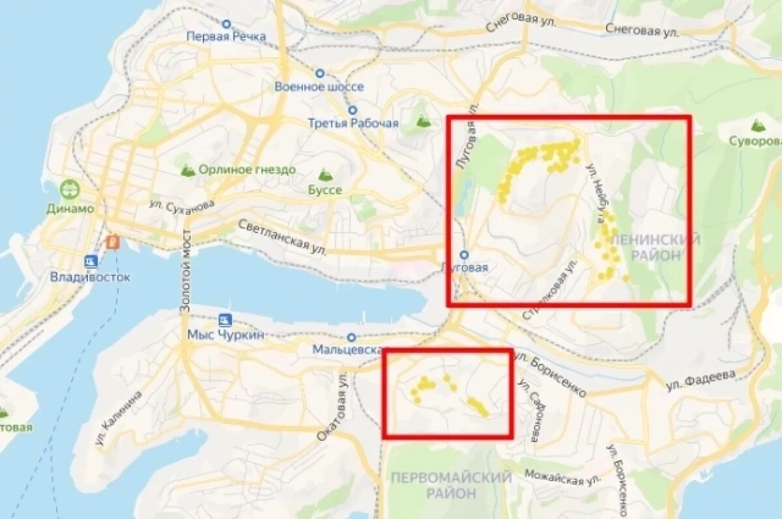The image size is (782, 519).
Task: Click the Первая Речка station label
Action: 226,36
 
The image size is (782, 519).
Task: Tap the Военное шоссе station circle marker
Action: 320,74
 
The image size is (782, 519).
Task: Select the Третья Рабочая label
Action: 353,123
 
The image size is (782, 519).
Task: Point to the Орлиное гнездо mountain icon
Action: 188,170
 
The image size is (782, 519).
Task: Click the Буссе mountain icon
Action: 325,175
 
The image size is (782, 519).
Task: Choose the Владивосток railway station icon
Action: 91,261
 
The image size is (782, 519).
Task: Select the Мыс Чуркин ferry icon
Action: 226,320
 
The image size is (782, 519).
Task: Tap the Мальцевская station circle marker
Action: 352,337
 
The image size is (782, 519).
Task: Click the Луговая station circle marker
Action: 464,255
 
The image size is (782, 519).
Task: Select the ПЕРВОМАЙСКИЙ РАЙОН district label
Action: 451,485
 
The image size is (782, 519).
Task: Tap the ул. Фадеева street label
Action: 701,380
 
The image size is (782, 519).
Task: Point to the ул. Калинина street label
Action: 119,418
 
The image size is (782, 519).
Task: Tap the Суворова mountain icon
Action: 757,125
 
